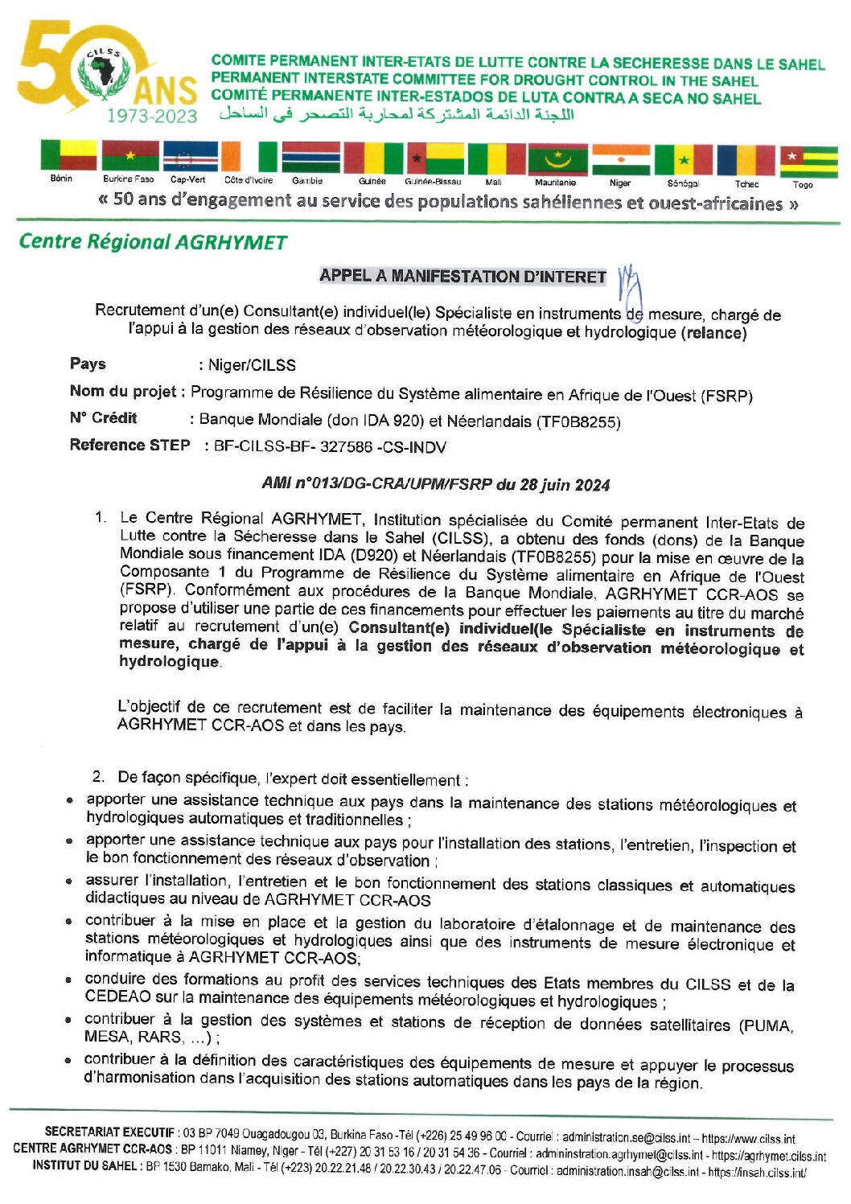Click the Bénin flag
(68, 156)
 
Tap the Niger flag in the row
(621, 159)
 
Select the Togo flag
(808, 162)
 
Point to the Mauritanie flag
(557, 158)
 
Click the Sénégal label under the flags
(683, 183)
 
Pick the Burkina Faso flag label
(128, 179)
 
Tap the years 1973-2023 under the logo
(152, 117)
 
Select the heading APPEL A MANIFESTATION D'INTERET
(462, 277)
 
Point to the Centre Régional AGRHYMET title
(153, 241)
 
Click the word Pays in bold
(88, 364)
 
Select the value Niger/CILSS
(252, 365)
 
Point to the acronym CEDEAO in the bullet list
(118, 996)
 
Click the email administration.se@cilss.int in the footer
(626, 1138)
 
